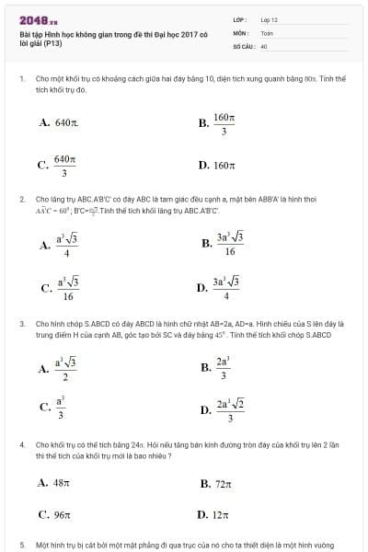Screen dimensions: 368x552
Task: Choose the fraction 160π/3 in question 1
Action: pyautogui.click(x=220, y=123)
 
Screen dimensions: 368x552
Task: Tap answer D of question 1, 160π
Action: pyautogui.click(x=218, y=166)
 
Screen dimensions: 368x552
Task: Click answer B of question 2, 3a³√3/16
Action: pyautogui.click(x=222, y=243)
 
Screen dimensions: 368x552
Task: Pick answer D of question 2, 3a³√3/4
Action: pyautogui.click(x=220, y=287)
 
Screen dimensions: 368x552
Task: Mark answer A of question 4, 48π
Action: pyautogui.click(x=54, y=482)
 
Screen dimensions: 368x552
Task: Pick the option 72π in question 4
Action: pyautogui.click(x=215, y=483)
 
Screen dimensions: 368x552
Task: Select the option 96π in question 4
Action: pyautogui.click(x=55, y=515)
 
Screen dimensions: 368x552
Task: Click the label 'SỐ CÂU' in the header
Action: pyautogui.click(x=243, y=44)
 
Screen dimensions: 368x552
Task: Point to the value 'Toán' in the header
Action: pyautogui.click(x=268, y=32)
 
